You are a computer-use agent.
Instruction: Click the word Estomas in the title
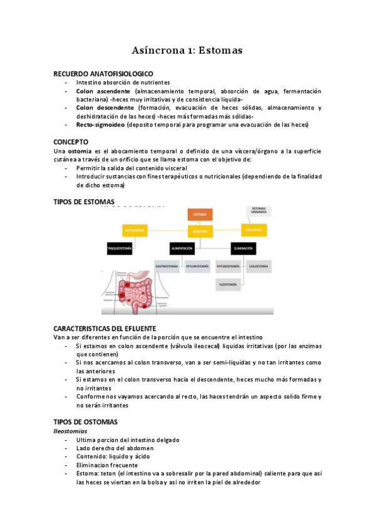[x=219, y=49]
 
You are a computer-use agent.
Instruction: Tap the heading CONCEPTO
[x=71, y=142]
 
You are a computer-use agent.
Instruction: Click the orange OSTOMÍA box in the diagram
[x=200, y=214]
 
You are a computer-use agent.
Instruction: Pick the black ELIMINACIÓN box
[x=243, y=249]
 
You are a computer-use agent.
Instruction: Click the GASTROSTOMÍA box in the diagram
[x=167, y=266]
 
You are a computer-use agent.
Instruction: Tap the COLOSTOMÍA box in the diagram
[x=259, y=266]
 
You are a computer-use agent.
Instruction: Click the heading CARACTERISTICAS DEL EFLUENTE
[x=105, y=329]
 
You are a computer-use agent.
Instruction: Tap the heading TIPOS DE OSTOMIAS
[x=85, y=422]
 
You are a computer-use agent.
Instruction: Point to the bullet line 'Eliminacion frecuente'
[x=108, y=465]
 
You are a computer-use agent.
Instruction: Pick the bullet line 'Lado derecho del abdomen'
[x=115, y=448]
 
